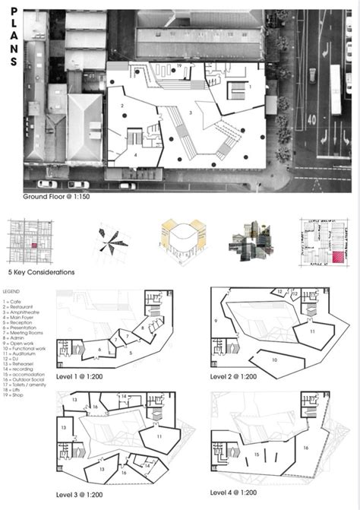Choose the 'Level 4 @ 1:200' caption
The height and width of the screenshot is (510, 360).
click(x=236, y=494)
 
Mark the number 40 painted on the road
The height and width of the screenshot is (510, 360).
click(x=311, y=119)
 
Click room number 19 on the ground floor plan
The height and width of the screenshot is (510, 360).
click(x=178, y=67)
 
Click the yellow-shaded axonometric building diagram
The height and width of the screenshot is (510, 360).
click(x=180, y=241)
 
